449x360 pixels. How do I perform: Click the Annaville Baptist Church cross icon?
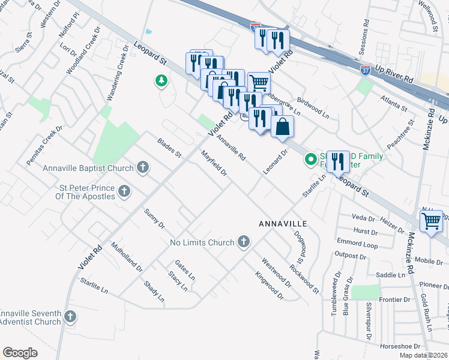click(142, 167)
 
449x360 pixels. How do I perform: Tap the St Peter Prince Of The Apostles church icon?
click(124, 191)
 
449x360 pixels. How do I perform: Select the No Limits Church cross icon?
click(243, 242)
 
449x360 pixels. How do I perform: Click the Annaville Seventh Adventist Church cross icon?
click(71, 316)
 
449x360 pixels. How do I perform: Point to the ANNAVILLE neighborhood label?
click(283, 223)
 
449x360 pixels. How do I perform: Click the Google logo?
click(20, 353)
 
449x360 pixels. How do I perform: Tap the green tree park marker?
click(161, 80)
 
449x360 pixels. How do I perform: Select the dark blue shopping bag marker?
click(283, 128)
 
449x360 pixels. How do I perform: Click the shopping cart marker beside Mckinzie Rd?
click(432, 221)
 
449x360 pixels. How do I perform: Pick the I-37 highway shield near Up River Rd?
click(365, 70)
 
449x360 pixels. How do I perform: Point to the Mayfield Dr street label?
click(214, 164)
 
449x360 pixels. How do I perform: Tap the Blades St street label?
click(169, 148)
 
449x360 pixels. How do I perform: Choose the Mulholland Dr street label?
click(127, 257)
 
